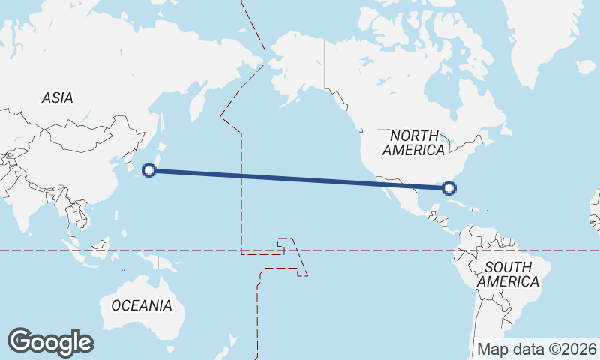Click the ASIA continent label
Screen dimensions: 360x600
pos(57,97)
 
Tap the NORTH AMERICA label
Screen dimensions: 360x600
pos(413,142)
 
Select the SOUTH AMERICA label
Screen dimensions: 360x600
pos(508,274)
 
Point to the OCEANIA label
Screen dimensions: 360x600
pos(141,305)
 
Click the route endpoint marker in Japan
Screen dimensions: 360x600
pos(149,170)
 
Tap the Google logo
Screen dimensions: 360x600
pos(50,341)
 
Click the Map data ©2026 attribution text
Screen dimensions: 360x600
pos(537,349)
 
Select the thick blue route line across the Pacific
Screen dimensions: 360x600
pos(300,178)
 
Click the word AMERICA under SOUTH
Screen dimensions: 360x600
pos(508,282)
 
